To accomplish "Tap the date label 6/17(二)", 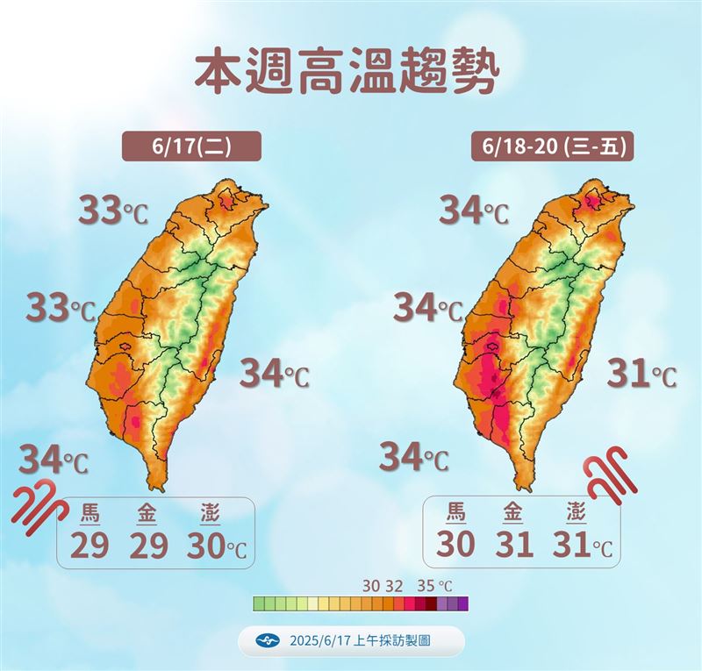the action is (191, 146).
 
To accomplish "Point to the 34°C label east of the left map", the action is (275, 374).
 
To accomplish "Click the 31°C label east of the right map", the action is (642, 375).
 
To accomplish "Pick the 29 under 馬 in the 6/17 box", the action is (90, 545).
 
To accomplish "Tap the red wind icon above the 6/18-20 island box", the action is (606, 473).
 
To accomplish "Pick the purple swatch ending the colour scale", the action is (462, 603).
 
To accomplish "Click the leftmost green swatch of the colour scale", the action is (259, 603).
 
